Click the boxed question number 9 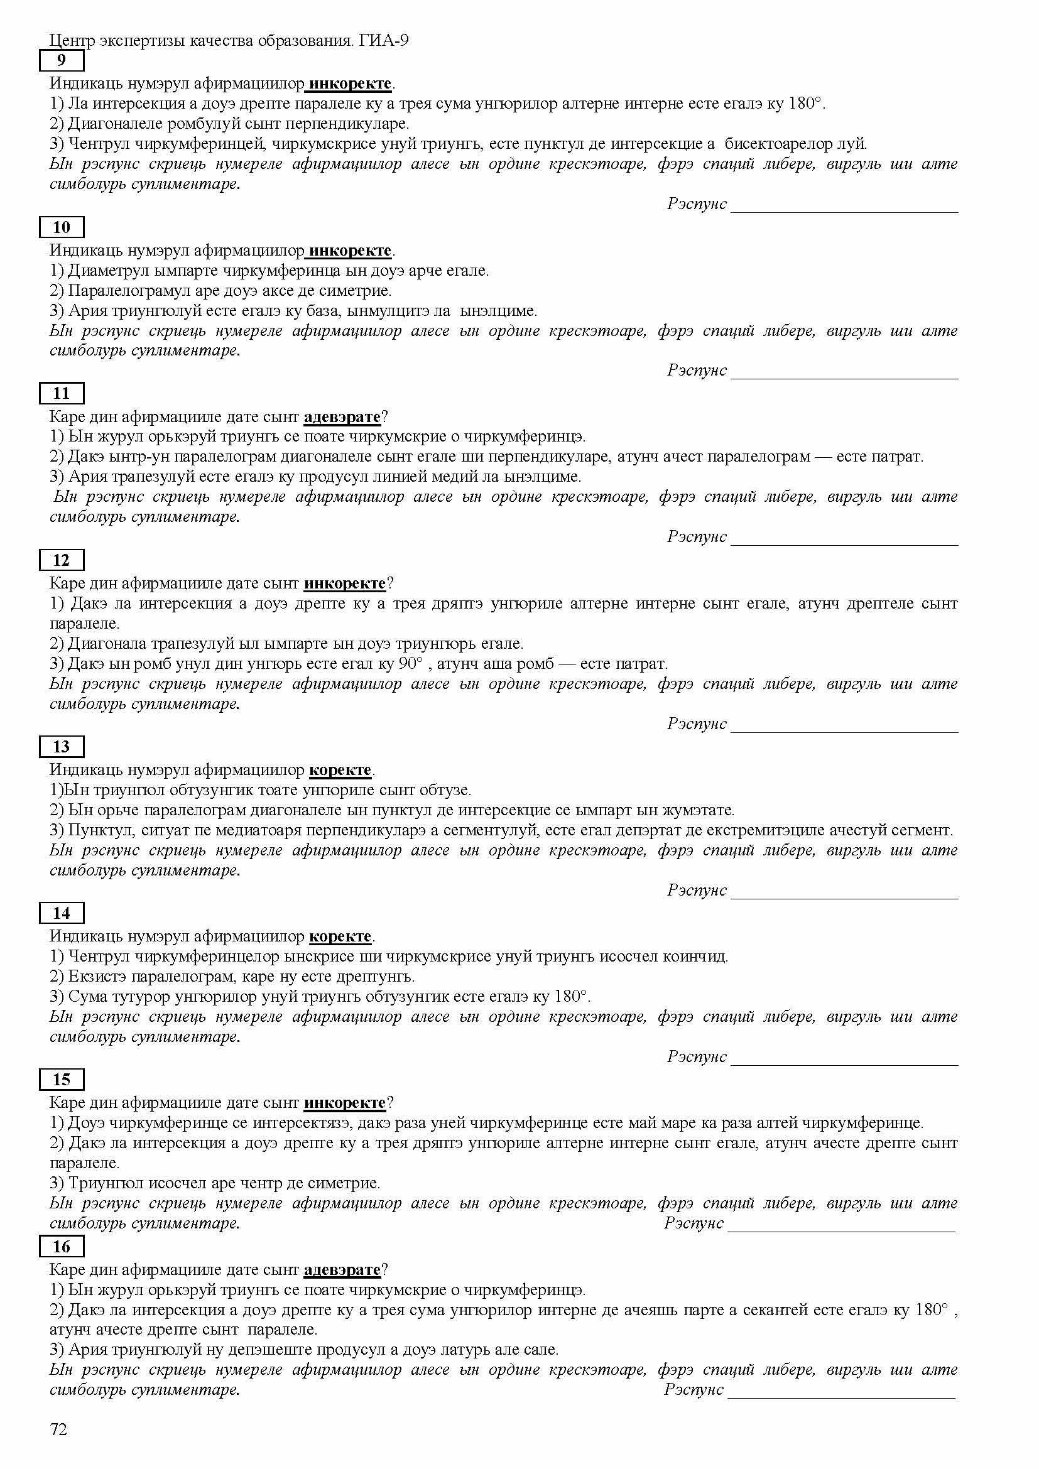pyautogui.click(x=62, y=61)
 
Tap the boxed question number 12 pyautogui.click(x=62, y=560)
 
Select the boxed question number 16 pyautogui.click(x=62, y=1246)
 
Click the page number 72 pyautogui.click(x=58, y=1430)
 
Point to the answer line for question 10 pyautogui.click(x=844, y=376)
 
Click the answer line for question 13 pyautogui.click(x=844, y=896)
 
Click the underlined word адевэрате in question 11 pyautogui.click(x=342, y=417)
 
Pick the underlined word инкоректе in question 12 pyautogui.click(x=345, y=583)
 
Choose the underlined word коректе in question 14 pyautogui.click(x=340, y=936)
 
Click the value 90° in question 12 pyautogui.click(x=411, y=663)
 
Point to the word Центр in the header pyautogui.click(x=72, y=41)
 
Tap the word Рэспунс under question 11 pyautogui.click(x=697, y=536)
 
